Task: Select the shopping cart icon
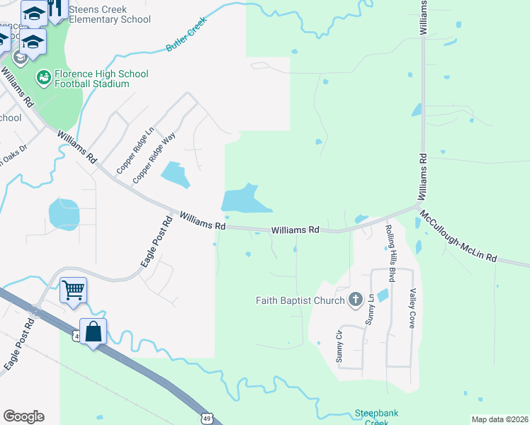[x=73, y=289]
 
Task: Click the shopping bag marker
[x=93, y=331]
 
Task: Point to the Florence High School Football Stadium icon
[x=43, y=75]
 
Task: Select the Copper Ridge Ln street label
[x=135, y=151]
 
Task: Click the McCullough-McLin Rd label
[x=458, y=235]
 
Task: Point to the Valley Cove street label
[x=412, y=307]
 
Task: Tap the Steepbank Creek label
[x=371, y=417]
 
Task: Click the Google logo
[x=23, y=416]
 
